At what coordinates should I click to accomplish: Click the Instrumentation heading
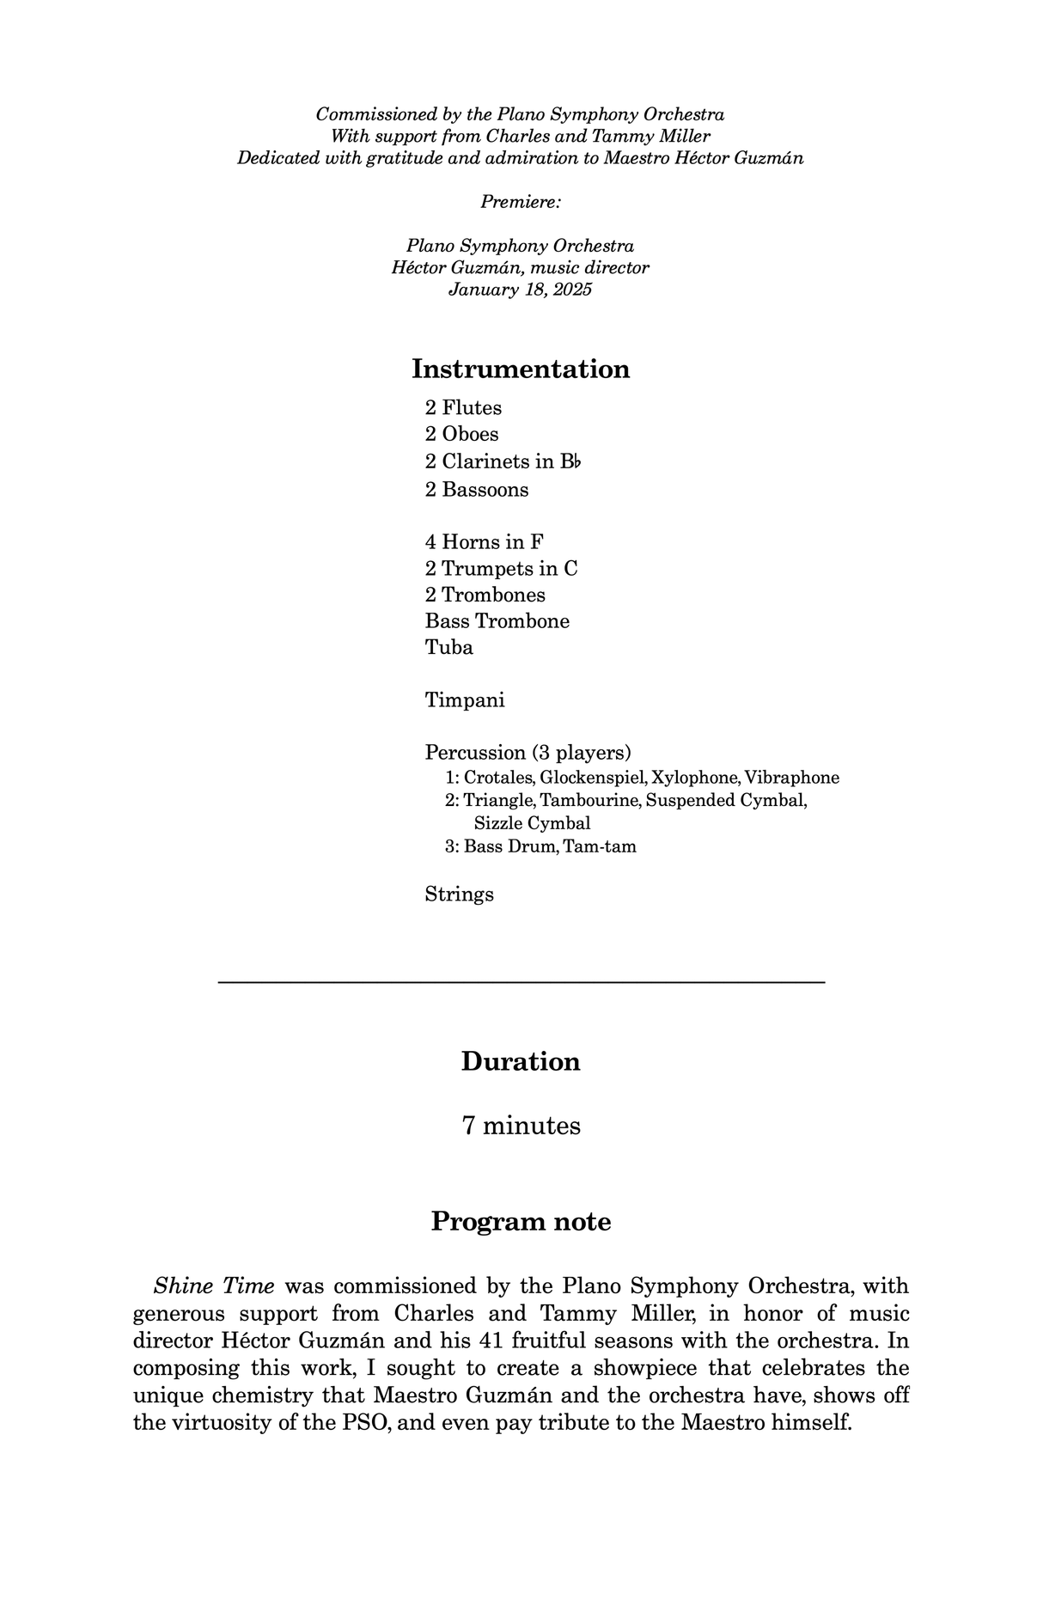tap(521, 369)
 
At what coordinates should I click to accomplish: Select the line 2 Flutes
tap(463, 407)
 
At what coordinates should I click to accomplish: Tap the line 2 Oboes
tap(461, 434)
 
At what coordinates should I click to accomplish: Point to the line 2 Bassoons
tap(477, 489)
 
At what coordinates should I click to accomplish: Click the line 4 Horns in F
tap(484, 541)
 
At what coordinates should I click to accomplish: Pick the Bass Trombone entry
tap(497, 620)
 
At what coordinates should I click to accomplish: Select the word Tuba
tap(448, 647)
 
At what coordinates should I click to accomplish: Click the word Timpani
tap(465, 699)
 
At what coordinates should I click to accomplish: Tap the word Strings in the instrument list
tap(459, 894)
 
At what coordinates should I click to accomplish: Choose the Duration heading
tap(521, 1061)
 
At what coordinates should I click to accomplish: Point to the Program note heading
tap(521, 1221)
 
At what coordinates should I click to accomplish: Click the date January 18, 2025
tap(520, 289)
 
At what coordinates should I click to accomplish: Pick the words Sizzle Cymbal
tap(532, 823)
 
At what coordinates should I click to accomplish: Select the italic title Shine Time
tap(214, 1286)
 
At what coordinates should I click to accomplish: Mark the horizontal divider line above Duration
tap(521, 981)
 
